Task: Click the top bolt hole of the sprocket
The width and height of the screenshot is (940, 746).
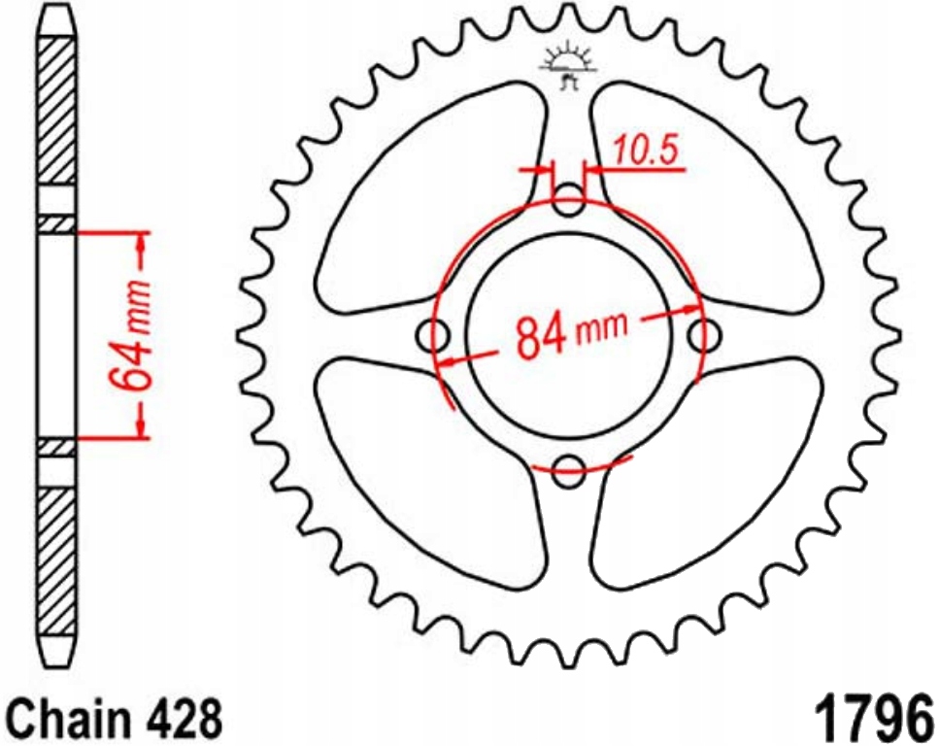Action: [568, 201]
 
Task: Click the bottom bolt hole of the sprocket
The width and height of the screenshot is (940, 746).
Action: [568, 471]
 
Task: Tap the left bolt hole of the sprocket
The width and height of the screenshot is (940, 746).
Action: [433, 336]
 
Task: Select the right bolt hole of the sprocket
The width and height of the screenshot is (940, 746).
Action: [704, 336]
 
